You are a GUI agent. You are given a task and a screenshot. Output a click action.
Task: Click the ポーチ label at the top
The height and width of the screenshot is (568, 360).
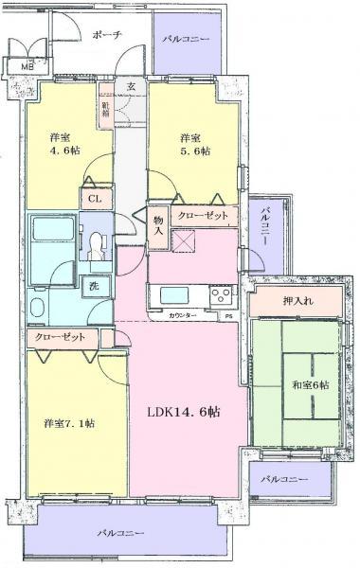(107, 33)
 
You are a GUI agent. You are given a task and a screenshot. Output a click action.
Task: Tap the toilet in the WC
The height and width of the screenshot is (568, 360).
(97, 245)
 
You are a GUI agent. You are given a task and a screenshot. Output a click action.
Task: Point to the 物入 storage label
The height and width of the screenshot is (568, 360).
(158, 225)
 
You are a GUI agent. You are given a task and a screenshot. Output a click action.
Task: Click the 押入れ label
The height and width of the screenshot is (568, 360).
(298, 302)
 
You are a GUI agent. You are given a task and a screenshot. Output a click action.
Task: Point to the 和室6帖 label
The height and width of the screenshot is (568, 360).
(310, 384)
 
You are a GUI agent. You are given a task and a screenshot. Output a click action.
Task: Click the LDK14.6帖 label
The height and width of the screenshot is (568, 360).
(184, 413)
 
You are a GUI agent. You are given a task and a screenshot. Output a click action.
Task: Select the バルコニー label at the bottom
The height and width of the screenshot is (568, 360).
(120, 533)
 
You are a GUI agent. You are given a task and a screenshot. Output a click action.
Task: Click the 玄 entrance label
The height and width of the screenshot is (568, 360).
(131, 86)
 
